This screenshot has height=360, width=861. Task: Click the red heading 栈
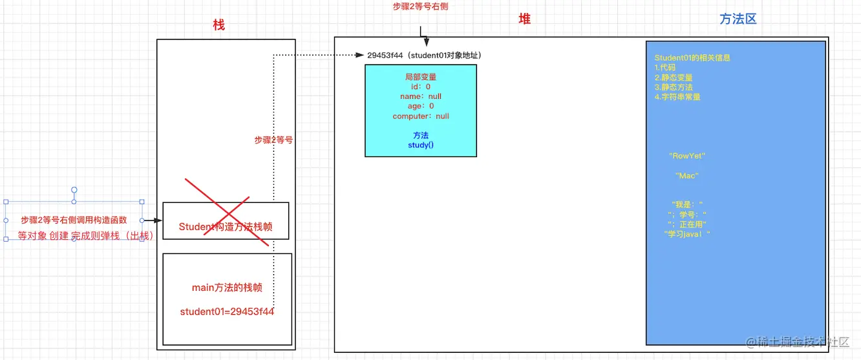tap(219, 25)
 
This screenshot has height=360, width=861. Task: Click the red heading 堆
tap(524, 19)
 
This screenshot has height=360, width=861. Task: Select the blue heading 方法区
tap(738, 19)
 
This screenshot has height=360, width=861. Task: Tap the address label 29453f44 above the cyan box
tap(385, 56)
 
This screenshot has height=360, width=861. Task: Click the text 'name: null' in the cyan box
tap(421, 96)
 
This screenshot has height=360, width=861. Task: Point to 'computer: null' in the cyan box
tap(421, 116)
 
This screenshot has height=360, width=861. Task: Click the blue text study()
tap(421, 145)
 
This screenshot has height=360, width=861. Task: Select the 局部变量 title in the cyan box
tap(421, 77)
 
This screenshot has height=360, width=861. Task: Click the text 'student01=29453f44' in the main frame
tap(227, 312)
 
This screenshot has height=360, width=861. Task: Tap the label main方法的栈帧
tap(227, 288)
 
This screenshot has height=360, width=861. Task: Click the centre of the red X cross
tap(227, 212)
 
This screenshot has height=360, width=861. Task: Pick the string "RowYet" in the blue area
tap(687, 156)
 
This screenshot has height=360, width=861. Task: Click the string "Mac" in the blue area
tap(687, 175)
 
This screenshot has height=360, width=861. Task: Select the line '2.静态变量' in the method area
tap(674, 78)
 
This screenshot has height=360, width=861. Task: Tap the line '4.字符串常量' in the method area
tap(677, 97)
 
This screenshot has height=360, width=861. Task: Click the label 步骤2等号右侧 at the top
tap(420, 6)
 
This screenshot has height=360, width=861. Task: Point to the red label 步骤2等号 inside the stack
tap(273, 140)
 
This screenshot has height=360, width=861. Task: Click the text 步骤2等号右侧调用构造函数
tap(74, 220)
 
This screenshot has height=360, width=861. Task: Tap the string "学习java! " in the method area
tap(687, 234)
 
